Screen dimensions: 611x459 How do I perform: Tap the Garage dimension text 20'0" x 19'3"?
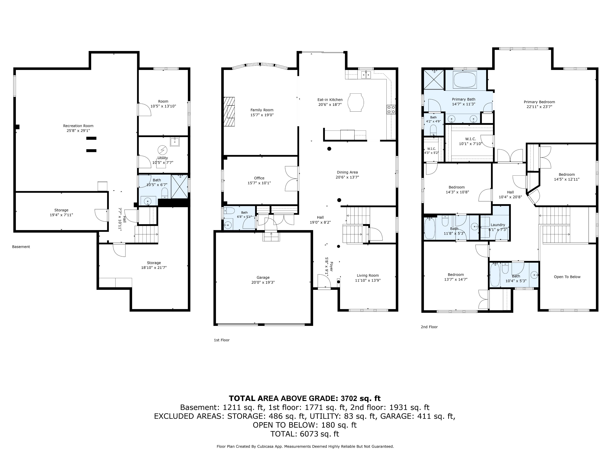263,282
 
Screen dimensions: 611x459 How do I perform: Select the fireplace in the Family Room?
229,112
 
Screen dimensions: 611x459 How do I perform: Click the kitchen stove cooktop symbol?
391,109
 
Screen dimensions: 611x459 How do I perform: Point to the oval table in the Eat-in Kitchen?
355,102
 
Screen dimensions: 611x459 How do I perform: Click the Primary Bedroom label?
539,102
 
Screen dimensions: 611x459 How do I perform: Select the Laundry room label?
498,225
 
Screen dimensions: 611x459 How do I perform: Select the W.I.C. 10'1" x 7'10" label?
470,141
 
